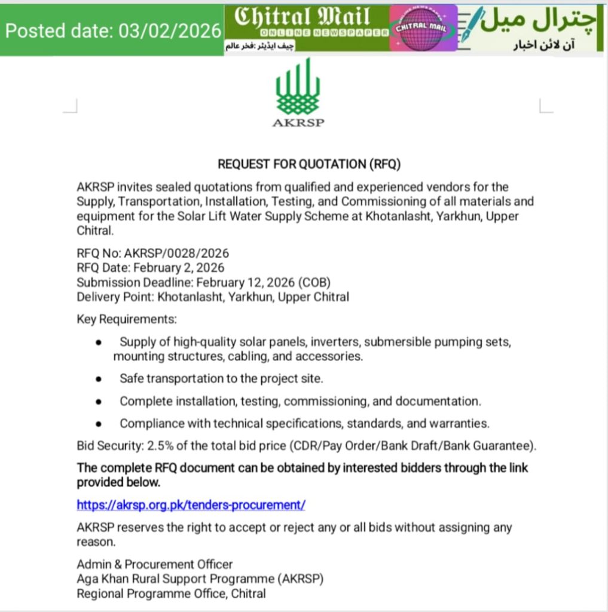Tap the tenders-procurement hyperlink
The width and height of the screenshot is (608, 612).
(x=191, y=504)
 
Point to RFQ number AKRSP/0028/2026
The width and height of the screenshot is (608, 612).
(x=176, y=253)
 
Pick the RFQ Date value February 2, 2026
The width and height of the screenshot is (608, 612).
(x=179, y=268)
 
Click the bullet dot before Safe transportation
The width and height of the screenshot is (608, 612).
(x=98, y=379)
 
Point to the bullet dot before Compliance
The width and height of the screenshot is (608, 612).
(x=98, y=424)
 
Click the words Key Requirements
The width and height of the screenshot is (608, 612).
(x=127, y=319)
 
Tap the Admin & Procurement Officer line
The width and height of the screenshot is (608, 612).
(x=155, y=564)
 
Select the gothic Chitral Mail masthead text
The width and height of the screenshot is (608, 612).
(x=303, y=17)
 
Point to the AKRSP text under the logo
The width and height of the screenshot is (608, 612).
(x=298, y=124)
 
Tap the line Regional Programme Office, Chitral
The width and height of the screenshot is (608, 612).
(x=171, y=593)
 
